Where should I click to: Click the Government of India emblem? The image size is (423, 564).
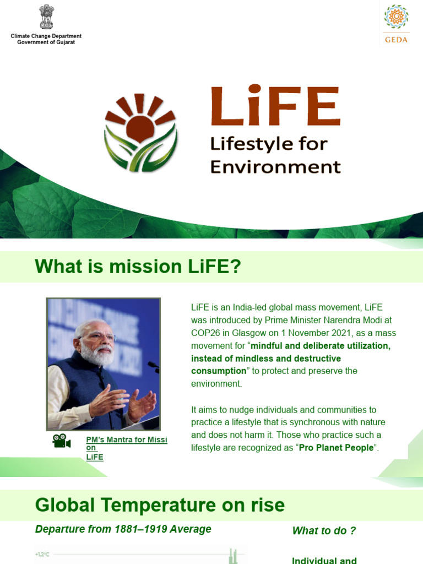pyautogui.click(x=46, y=17)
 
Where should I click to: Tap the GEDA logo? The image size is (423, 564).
pyautogui.click(x=397, y=23)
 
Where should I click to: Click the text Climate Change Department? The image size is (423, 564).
pyautogui.click(x=46, y=36)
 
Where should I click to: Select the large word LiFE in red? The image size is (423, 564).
pyautogui.click(x=275, y=106)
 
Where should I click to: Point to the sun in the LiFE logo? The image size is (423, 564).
pyautogui.click(x=140, y=127)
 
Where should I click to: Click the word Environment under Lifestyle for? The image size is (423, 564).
pyautogui.click(x=275, y=166)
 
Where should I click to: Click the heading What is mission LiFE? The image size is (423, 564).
pyautogui.click(x=138, y=267)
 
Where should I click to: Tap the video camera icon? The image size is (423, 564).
pyautogui.click(x=62, y=441)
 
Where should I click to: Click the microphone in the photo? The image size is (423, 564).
pyautogui.click(x=153, y=365)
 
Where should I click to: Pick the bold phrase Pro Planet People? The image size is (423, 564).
pyautogui.click(x=336, y=448)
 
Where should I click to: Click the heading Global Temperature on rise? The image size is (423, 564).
pyautogui.click(x=160, y=505)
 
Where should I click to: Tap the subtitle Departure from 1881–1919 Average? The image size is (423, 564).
pyautogui.click(x=123, y=529)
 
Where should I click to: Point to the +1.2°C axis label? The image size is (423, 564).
pyautogui.click(x=42, y=554)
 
